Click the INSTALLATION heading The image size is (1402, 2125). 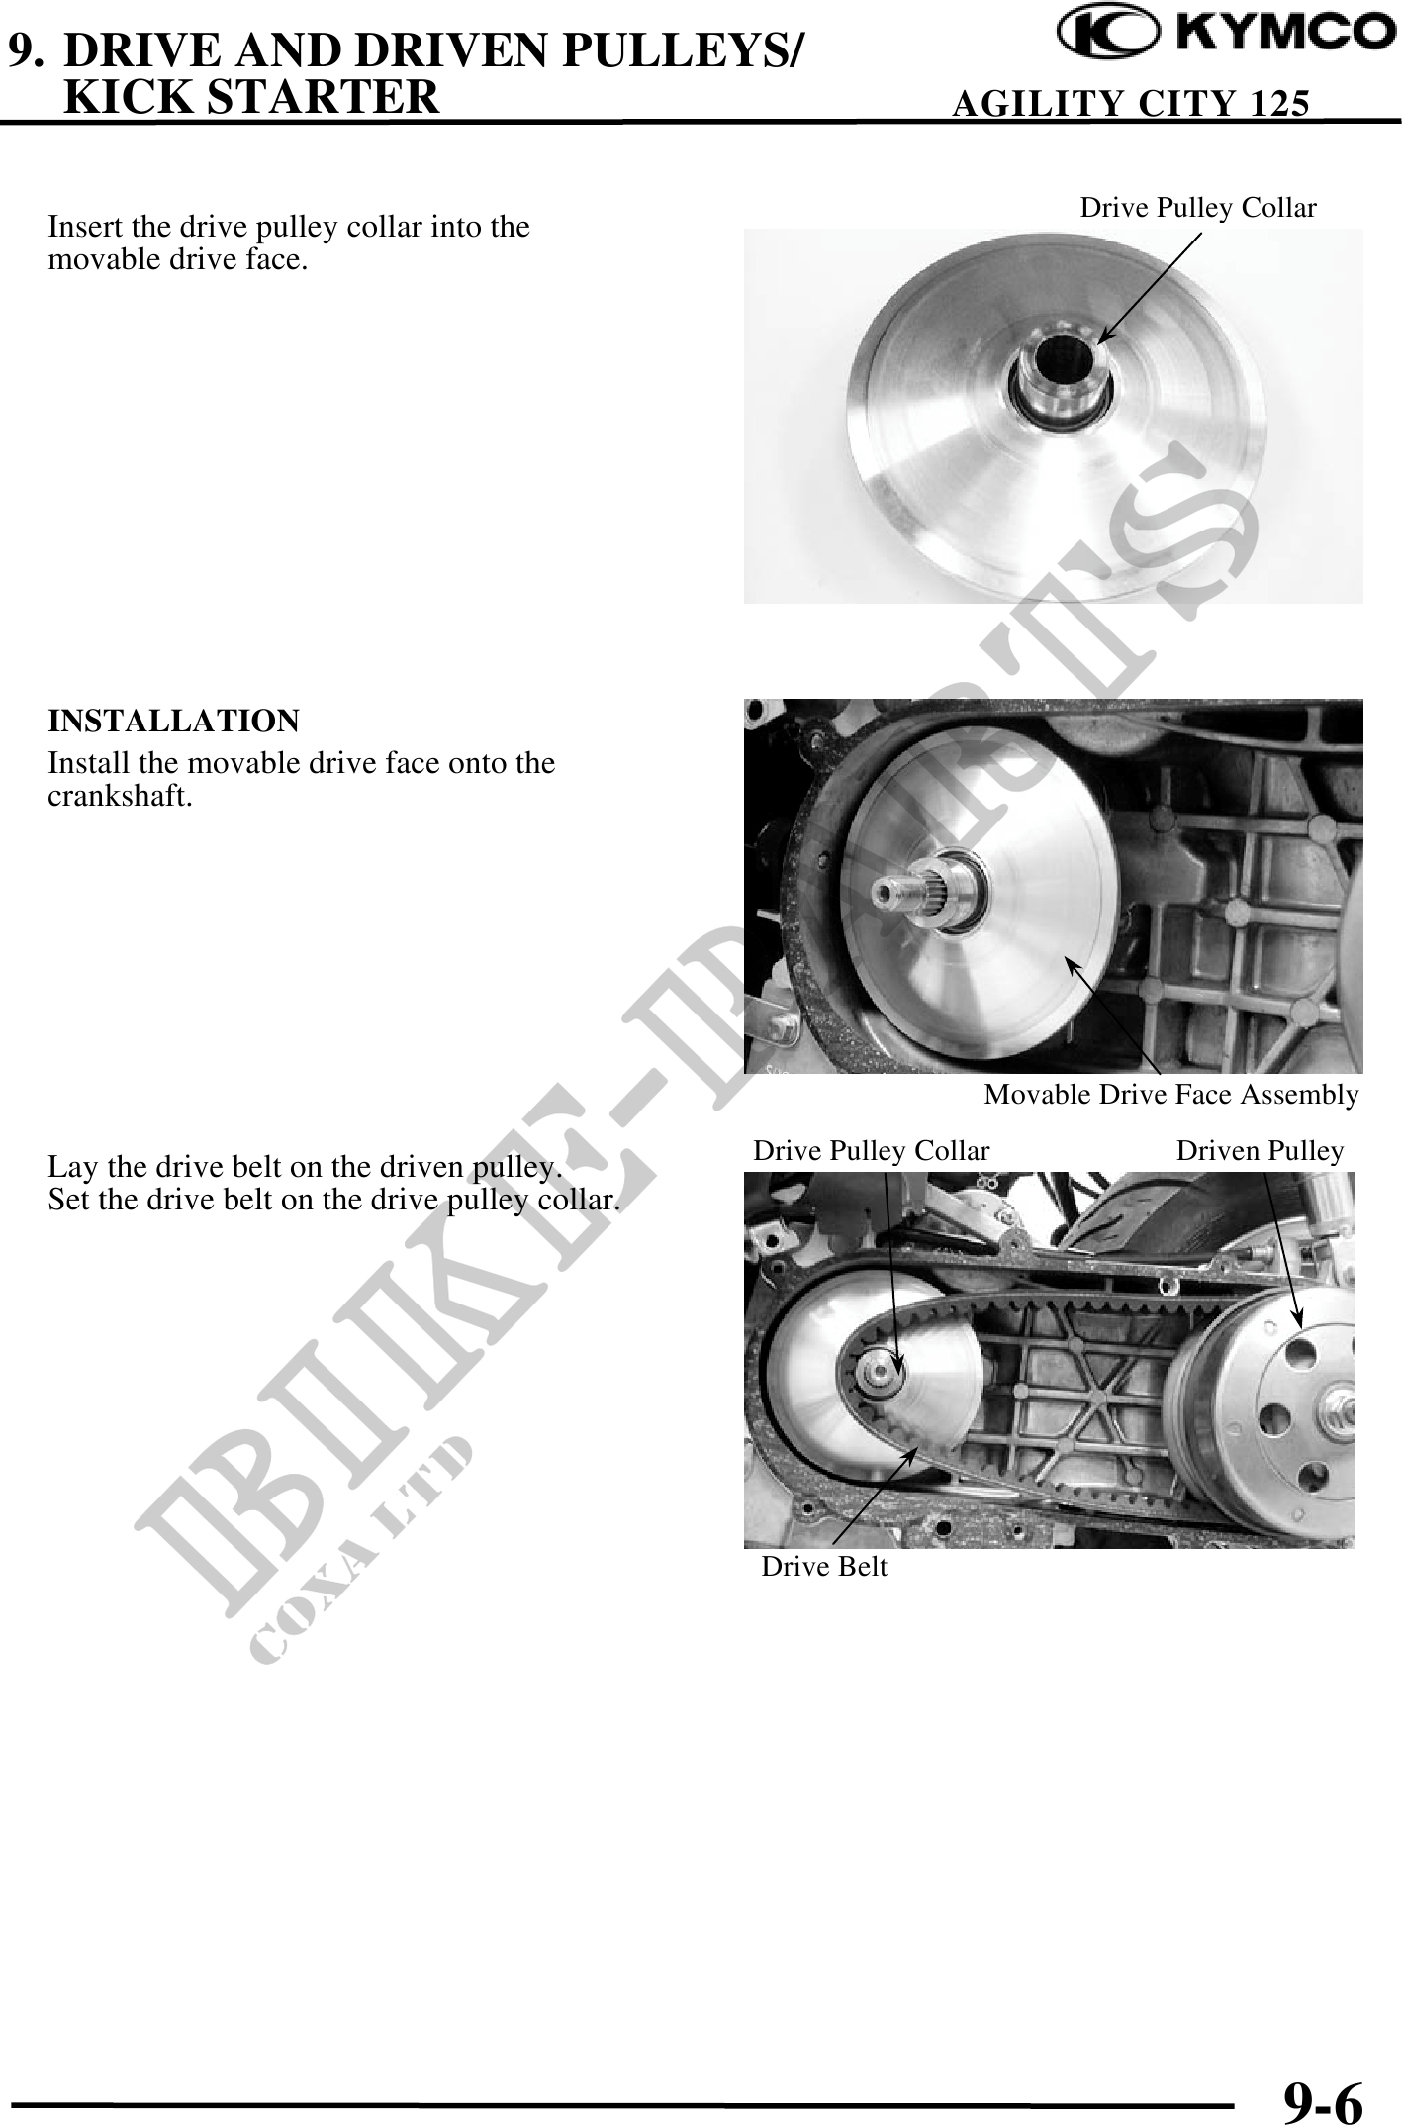[173, 721]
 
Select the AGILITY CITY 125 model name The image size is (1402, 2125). [1130, 102]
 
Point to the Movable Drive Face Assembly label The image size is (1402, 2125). [1171, 1094]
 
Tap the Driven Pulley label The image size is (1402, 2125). [1260, 1150]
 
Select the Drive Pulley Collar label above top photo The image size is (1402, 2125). [1198, 207]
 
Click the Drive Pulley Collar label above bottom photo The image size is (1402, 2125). [872, 1150]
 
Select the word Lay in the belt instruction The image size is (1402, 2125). [69, 1167]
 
